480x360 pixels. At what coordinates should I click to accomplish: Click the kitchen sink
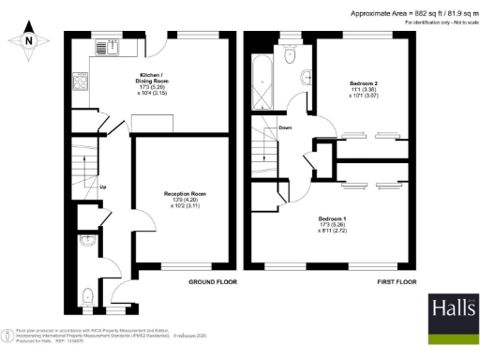coord(109,44)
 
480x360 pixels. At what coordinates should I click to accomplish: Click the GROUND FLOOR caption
coord(211,281)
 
